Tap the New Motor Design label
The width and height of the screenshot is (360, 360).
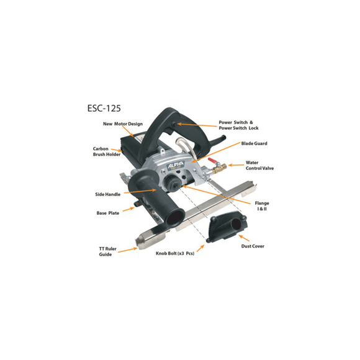click(x=123, y=124)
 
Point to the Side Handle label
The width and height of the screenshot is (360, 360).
click(x=108, y=194)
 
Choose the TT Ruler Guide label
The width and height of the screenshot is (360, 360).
click(x=106, y=251)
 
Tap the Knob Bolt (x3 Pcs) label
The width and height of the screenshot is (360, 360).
click(x=171, y=254)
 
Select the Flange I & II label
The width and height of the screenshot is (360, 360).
click(x=262, y=206)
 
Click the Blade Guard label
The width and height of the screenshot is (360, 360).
click(x=254, y=143)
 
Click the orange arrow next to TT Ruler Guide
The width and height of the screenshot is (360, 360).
click(x=127, y=250)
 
